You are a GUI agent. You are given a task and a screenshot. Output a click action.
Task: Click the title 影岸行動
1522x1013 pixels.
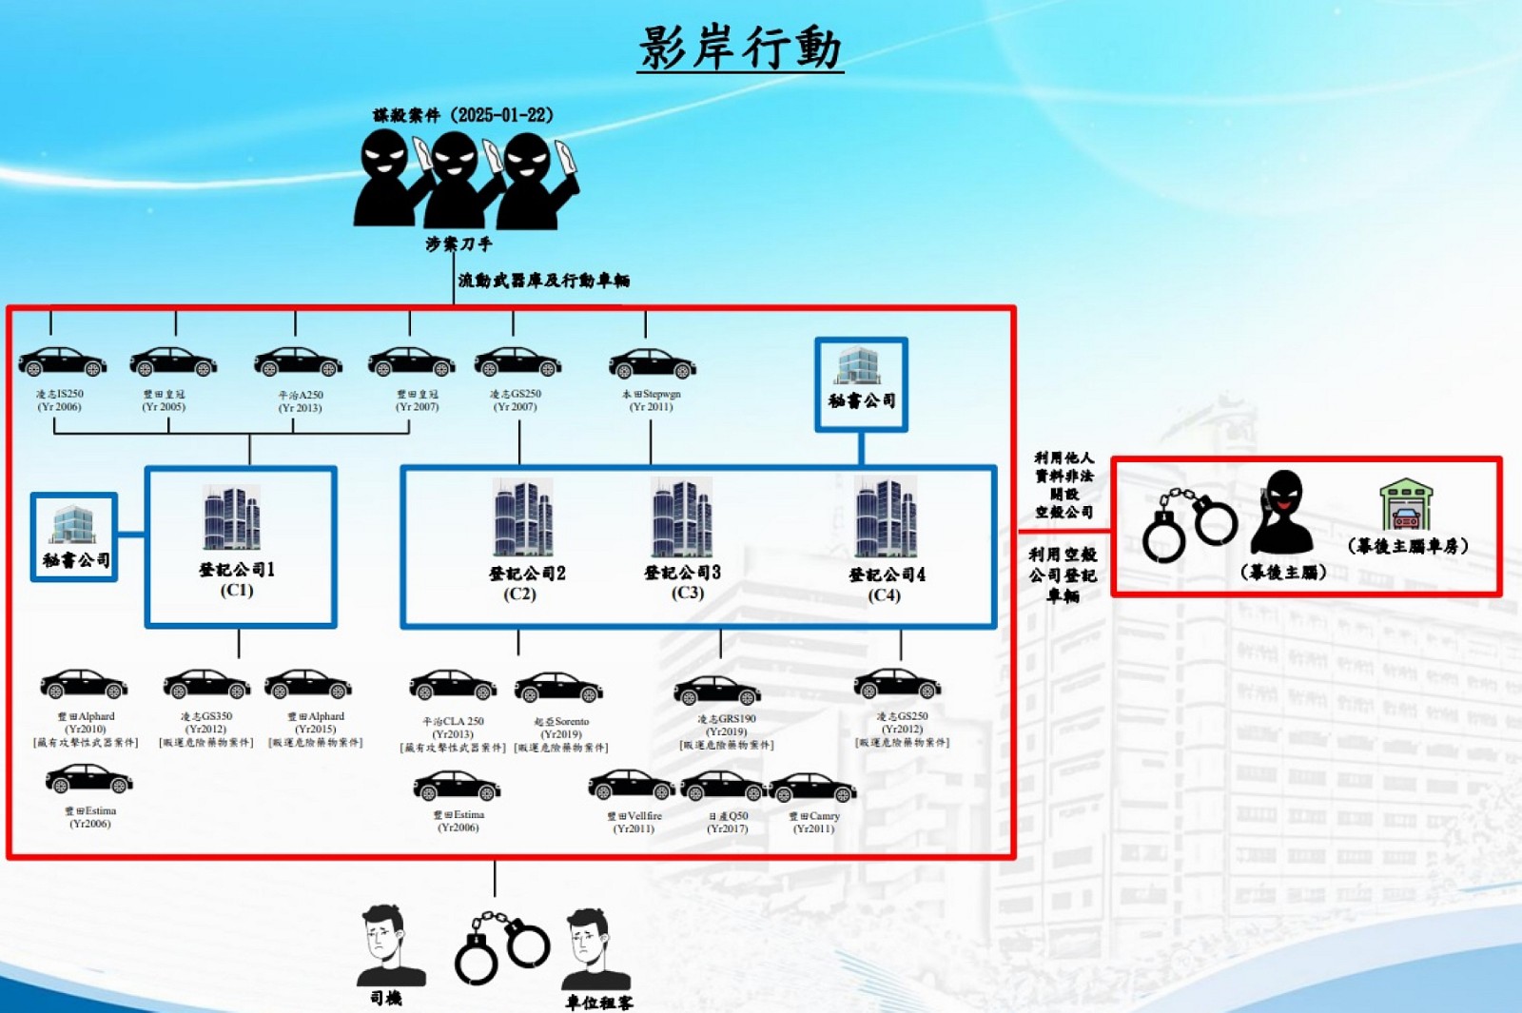[740, 48]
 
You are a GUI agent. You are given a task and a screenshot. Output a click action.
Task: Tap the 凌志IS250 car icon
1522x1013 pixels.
[63, 362]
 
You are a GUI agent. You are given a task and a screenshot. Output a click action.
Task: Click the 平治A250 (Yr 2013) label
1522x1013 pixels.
[300, 401]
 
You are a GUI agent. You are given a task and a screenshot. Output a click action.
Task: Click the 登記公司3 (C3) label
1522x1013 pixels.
[683, 581]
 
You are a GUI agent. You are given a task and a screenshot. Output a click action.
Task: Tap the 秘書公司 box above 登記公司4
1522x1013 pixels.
[861, 384]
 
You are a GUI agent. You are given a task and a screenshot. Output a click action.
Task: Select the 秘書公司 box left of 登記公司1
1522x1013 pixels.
[74, 536]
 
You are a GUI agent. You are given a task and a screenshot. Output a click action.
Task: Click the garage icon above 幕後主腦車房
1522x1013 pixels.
[1405, 505]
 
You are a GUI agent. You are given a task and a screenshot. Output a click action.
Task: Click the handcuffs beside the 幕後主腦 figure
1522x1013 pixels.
[1189, 524]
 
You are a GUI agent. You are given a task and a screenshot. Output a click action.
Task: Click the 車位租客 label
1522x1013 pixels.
[598, 1003]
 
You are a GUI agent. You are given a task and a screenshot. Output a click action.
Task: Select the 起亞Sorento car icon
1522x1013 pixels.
[558, 688]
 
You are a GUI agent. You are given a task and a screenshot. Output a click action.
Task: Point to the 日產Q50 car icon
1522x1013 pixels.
[723, 788]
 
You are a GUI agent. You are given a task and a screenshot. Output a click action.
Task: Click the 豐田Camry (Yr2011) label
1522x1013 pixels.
[813, 823]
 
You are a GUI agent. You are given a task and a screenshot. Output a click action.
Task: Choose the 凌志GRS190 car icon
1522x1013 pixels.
[716, 692]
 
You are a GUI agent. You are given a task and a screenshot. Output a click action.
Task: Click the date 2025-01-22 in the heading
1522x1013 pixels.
[502, 115]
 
